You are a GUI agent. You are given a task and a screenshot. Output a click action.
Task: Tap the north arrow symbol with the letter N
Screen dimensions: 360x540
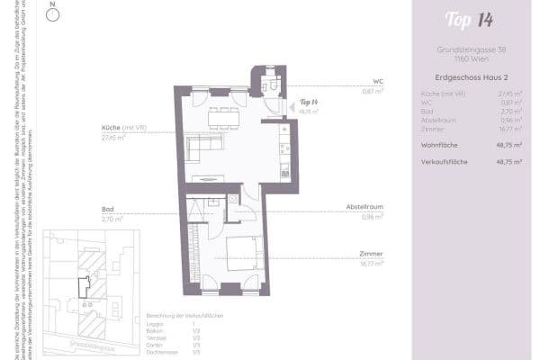[x=53, y=13]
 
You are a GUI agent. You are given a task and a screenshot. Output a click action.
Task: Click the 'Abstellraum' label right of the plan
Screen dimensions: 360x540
[x=364, y=207]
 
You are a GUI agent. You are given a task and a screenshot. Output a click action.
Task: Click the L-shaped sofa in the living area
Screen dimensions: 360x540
[x=202, y=145]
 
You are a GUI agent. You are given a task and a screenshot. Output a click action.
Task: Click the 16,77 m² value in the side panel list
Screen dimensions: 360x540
[x=513, y=129]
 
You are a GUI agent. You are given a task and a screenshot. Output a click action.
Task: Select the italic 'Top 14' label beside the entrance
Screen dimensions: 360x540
[x=309, y=102]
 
